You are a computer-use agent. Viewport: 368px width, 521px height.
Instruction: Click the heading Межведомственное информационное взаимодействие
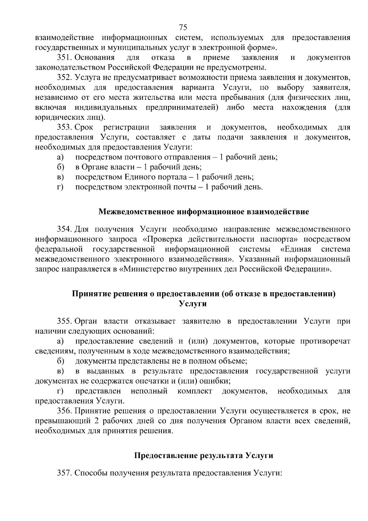[x=204, y=212]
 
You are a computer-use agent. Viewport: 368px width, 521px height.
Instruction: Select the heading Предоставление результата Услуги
[x=204, y=456]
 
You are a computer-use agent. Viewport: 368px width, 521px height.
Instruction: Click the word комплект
[x=194, y=391]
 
